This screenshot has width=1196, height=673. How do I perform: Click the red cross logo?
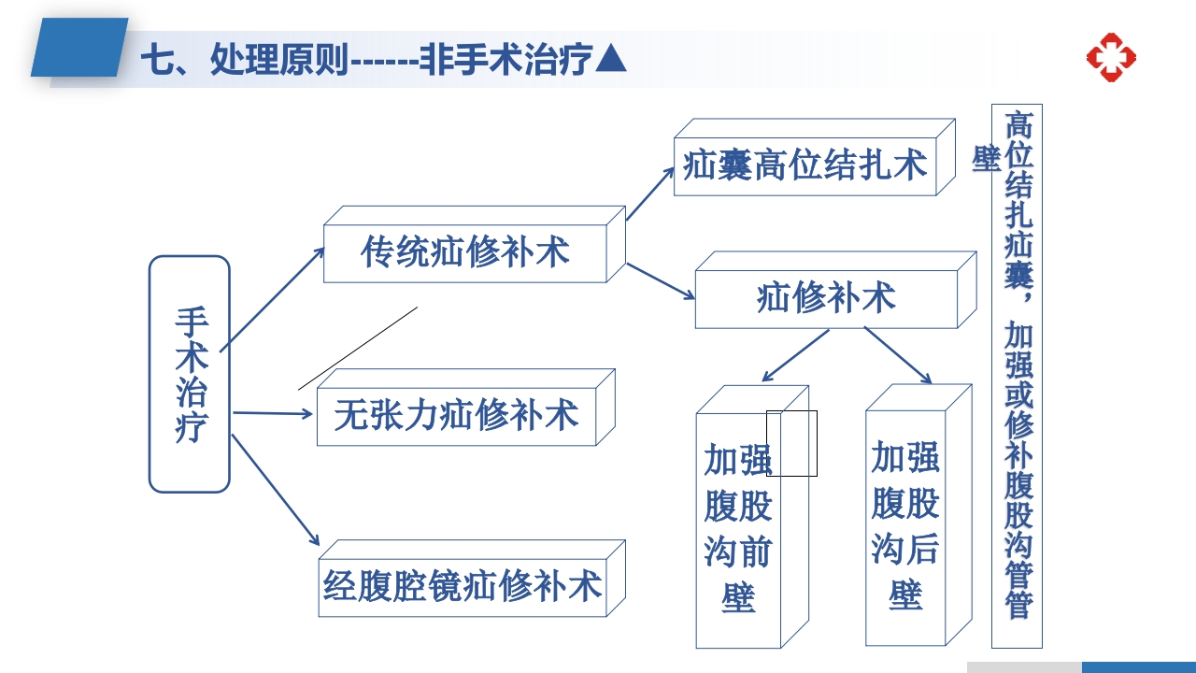[1111, 57]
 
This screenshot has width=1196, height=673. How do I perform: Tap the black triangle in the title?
[611, 60]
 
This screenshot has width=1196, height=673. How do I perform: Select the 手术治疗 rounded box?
[190, 374]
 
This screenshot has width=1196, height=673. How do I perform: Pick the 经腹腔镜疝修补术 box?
[463, 586]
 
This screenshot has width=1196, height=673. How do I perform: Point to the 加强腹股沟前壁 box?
[738, 528]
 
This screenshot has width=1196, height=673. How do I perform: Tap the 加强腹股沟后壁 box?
[905, 526]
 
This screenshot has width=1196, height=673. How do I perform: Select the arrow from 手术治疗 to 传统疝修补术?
[273, 296]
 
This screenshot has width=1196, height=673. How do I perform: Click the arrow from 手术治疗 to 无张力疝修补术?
[273, 412]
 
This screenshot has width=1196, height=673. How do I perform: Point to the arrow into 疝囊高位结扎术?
[650, 193]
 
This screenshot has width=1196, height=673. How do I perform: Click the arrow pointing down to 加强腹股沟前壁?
[795, 355]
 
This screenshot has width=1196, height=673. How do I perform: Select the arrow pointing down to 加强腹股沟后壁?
[897, 355]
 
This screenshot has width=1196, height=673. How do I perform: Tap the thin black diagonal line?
[358, 348]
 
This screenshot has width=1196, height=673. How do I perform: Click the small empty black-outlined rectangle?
[791, 443]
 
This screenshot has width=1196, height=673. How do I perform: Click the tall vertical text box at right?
[1017, 374]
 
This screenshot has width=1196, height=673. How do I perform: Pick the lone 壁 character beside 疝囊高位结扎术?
[987, 159]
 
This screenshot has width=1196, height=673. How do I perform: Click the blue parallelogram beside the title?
[79, 48]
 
